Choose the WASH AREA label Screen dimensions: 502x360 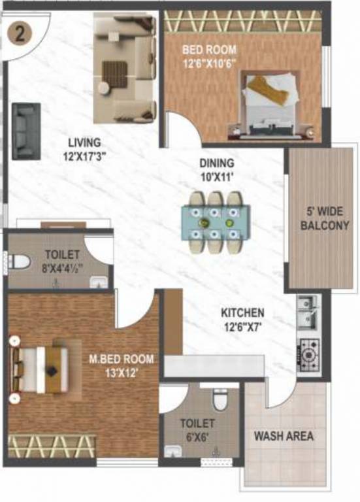tap(284, 436)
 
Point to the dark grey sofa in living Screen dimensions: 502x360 tap(26, 131)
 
